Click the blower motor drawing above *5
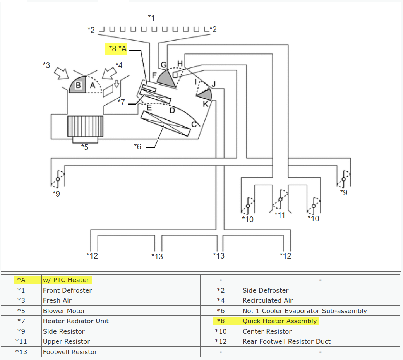(85, 127)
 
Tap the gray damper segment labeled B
(77, 86)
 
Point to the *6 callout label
(138, 146)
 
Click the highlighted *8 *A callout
(118, 49)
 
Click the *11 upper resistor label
(280, 215)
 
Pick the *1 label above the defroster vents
(151, 17)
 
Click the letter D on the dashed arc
(172, 111)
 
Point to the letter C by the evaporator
(194, 124)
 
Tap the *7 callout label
(122, 102)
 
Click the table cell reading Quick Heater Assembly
(280, 321)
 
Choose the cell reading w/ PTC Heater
(66, 280)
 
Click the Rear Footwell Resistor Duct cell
(286, 341)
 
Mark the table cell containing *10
(220, 331)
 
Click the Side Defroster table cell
(266, 290)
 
